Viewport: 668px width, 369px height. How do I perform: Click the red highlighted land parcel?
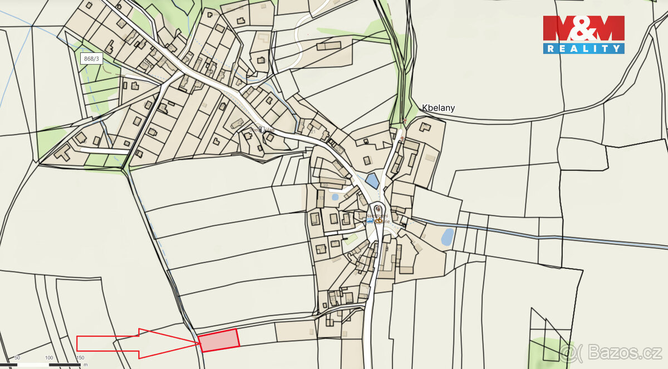pos(219,340)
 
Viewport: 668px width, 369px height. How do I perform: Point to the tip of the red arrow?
pos(198,343)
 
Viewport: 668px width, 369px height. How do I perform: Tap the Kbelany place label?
pos(438,108)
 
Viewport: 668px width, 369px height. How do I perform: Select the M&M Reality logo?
pos(583,35)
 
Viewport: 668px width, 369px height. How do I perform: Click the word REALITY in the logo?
pos(583,49)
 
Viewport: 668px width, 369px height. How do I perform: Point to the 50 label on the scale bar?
pos(17,358)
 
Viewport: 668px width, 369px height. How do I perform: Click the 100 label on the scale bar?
pos(49,358)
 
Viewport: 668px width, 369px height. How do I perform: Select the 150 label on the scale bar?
pos(80,358)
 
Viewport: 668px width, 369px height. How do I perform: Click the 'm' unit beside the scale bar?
pos(85,365)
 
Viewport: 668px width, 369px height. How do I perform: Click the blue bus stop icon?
pos(370,221)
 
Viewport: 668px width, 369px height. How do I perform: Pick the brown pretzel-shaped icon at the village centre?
pos(379,221)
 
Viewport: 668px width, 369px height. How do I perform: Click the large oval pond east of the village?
pos(447,237)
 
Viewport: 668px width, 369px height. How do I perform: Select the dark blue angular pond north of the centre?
pos(372,181)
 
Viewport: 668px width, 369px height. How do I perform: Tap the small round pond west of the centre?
pos(335,196)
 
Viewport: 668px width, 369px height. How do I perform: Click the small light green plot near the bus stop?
pos(350,239)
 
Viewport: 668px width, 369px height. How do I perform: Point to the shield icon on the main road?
pos(261,129)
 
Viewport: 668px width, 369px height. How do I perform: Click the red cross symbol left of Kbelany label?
pos(405,120)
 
